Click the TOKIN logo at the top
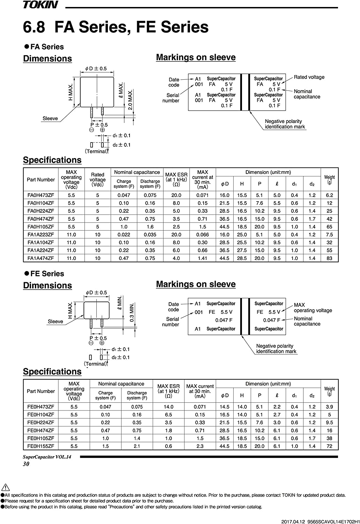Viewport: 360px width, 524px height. tap(41, 5)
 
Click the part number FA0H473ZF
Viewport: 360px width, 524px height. tap(41, 195)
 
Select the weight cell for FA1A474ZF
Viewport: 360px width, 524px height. tap(329, 258)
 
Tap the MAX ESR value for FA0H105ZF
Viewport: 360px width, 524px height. tap(176, 227)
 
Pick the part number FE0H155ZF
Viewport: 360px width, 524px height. tap(41, 446)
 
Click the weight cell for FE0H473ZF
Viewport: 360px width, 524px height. tap(329, 407)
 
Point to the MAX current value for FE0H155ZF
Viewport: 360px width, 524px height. tap(200, 446)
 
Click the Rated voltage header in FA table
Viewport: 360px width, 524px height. tap(97, 180)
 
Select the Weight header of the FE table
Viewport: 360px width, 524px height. tap(329, 391)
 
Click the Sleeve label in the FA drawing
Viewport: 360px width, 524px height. tap(50, 118)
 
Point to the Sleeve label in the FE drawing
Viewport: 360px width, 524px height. tap(55, 321)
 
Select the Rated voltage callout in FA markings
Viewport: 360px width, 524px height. tap(309, 77)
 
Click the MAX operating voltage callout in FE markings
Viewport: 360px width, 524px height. tap(313, 308)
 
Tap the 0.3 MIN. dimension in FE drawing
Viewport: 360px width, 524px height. tap(132, 312)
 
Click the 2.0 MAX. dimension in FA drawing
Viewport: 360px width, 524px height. tap(130, 100)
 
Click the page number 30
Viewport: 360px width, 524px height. tap(26, 464)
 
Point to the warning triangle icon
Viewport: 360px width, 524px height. tap(5, 487)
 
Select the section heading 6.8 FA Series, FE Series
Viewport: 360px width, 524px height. tap(116, 27)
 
